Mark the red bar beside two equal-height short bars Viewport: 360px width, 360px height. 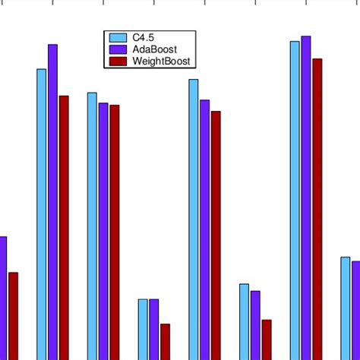coord(165,342)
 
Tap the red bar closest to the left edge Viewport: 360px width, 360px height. coord(13,315)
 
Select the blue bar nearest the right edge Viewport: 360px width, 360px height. coord(346,308)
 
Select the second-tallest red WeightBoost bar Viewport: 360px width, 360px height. coord(64,227)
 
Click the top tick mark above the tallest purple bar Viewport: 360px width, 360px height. coord(306,2)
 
